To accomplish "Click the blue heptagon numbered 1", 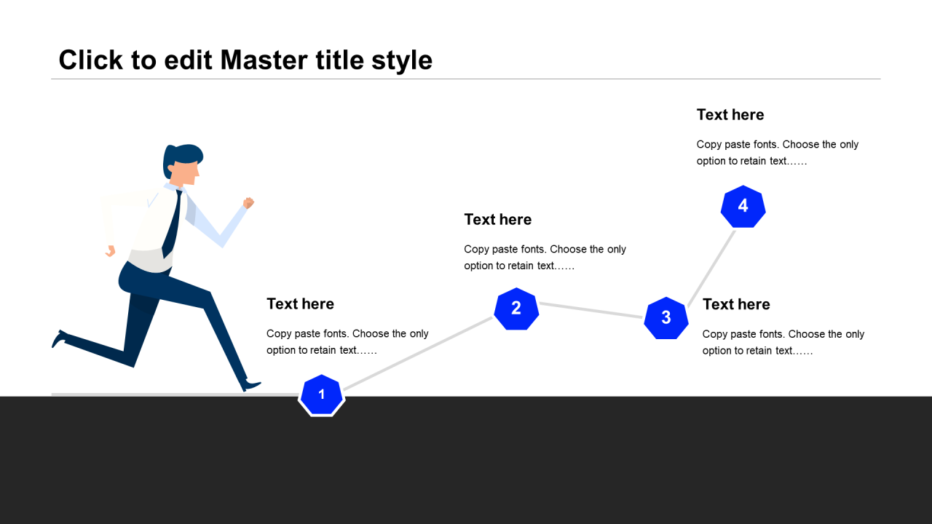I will point(321,395).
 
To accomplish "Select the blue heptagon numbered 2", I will point(516,309).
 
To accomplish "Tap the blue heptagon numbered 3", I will point(666,318).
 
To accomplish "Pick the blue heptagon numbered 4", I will point(743,206).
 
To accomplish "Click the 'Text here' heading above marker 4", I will point(730,115).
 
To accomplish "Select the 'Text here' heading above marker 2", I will point(498,220).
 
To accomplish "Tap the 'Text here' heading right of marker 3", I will point(736,304).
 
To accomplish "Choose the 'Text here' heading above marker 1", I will point(300,304).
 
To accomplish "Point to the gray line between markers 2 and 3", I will point(591,310).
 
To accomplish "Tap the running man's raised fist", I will point(249,203).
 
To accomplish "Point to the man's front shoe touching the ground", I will point(251,385).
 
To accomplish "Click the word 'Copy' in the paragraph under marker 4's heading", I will point(708,145).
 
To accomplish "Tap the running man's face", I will point(187,172).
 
